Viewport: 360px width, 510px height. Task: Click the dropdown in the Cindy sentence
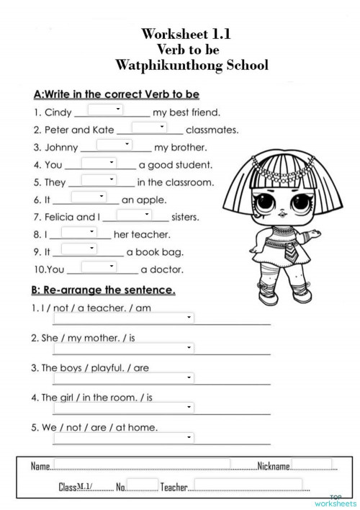[x=106, y=109]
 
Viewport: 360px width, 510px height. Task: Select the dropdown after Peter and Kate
[x=149, y=127]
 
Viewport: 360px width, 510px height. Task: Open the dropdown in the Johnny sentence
[x=114, y=145]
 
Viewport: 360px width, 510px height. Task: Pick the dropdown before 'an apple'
[x=89, y=197]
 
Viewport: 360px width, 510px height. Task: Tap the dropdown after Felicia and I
[x=134, y=215]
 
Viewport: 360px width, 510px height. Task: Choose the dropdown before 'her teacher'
[x=78, y=232]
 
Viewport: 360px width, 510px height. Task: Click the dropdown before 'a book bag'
[x=79, y=249]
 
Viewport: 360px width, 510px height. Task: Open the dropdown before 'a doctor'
[x=99, y=267]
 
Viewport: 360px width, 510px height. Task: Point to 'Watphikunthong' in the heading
[x=168, y=65]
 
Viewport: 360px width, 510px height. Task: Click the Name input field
[x=141, y=465]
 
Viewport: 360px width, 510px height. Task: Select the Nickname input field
[x=311, y=465]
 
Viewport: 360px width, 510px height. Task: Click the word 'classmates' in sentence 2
[x=212, y=130]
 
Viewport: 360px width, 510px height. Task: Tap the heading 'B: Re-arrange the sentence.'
[x=104, y=291]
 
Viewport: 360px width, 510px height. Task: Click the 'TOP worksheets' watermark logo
[x=336, y=500]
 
